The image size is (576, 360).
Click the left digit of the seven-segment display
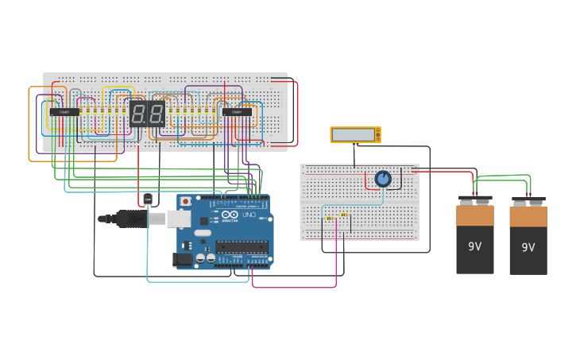[x=137, y=114]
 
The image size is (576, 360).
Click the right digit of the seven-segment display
[x=156, y=114]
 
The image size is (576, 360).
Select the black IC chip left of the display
[x=64, y=112]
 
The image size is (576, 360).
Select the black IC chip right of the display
[x=237, y=112]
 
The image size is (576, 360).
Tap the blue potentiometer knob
[x=383, y=180]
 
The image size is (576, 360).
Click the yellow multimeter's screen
[x=354, y=135]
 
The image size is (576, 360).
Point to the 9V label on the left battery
[x=474, y=246]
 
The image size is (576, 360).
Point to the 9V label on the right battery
[x=528, y=248]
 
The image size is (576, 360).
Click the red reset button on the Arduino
[x=186, y=201]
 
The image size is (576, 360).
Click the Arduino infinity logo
[x=230, y=215]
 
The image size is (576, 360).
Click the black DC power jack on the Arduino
[x=183, y=258]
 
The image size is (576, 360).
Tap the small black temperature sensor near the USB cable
[x=147, y=199]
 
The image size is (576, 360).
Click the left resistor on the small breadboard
[x=329, y=218]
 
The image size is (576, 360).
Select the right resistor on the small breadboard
[x=343, y=215]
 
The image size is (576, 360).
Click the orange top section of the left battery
[x=474, y=215]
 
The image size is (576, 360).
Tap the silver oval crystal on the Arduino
[x=203, y=233]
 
